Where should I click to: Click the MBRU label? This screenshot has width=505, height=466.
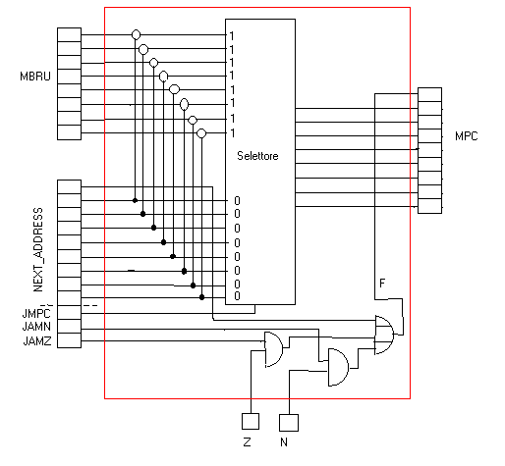click(35, 77)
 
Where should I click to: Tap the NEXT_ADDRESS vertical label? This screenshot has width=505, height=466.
click(38, 249)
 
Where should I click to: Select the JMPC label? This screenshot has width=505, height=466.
click(36, 313)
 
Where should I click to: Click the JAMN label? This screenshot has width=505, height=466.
click(36, 327)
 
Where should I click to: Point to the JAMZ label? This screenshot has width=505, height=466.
click(37, 341)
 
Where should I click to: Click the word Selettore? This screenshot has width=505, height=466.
click(257, 156)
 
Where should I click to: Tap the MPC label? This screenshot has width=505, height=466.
click(467, 136)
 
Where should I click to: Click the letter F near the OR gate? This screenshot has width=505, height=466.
click(382, 284)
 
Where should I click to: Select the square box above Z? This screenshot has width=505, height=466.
click(251, 421)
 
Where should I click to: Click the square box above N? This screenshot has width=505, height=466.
click(289, 423)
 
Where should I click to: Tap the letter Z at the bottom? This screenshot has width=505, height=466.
click(248, 442)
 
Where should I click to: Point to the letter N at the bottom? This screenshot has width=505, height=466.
click(284, 442)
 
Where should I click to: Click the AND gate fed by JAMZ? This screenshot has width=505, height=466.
click(273, 349)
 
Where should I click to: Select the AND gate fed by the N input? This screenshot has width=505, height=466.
click(338, 367)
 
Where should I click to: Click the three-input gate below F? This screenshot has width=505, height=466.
click(384, 335)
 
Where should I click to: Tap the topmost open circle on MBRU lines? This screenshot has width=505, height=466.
click(136, 34)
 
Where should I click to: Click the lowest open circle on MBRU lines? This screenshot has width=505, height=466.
click(201, 133)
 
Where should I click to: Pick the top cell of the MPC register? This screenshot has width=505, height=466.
click(429, 94)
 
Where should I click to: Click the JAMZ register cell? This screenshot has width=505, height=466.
click(69, 340)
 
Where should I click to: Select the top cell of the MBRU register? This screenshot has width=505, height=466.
click(69, 34)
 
